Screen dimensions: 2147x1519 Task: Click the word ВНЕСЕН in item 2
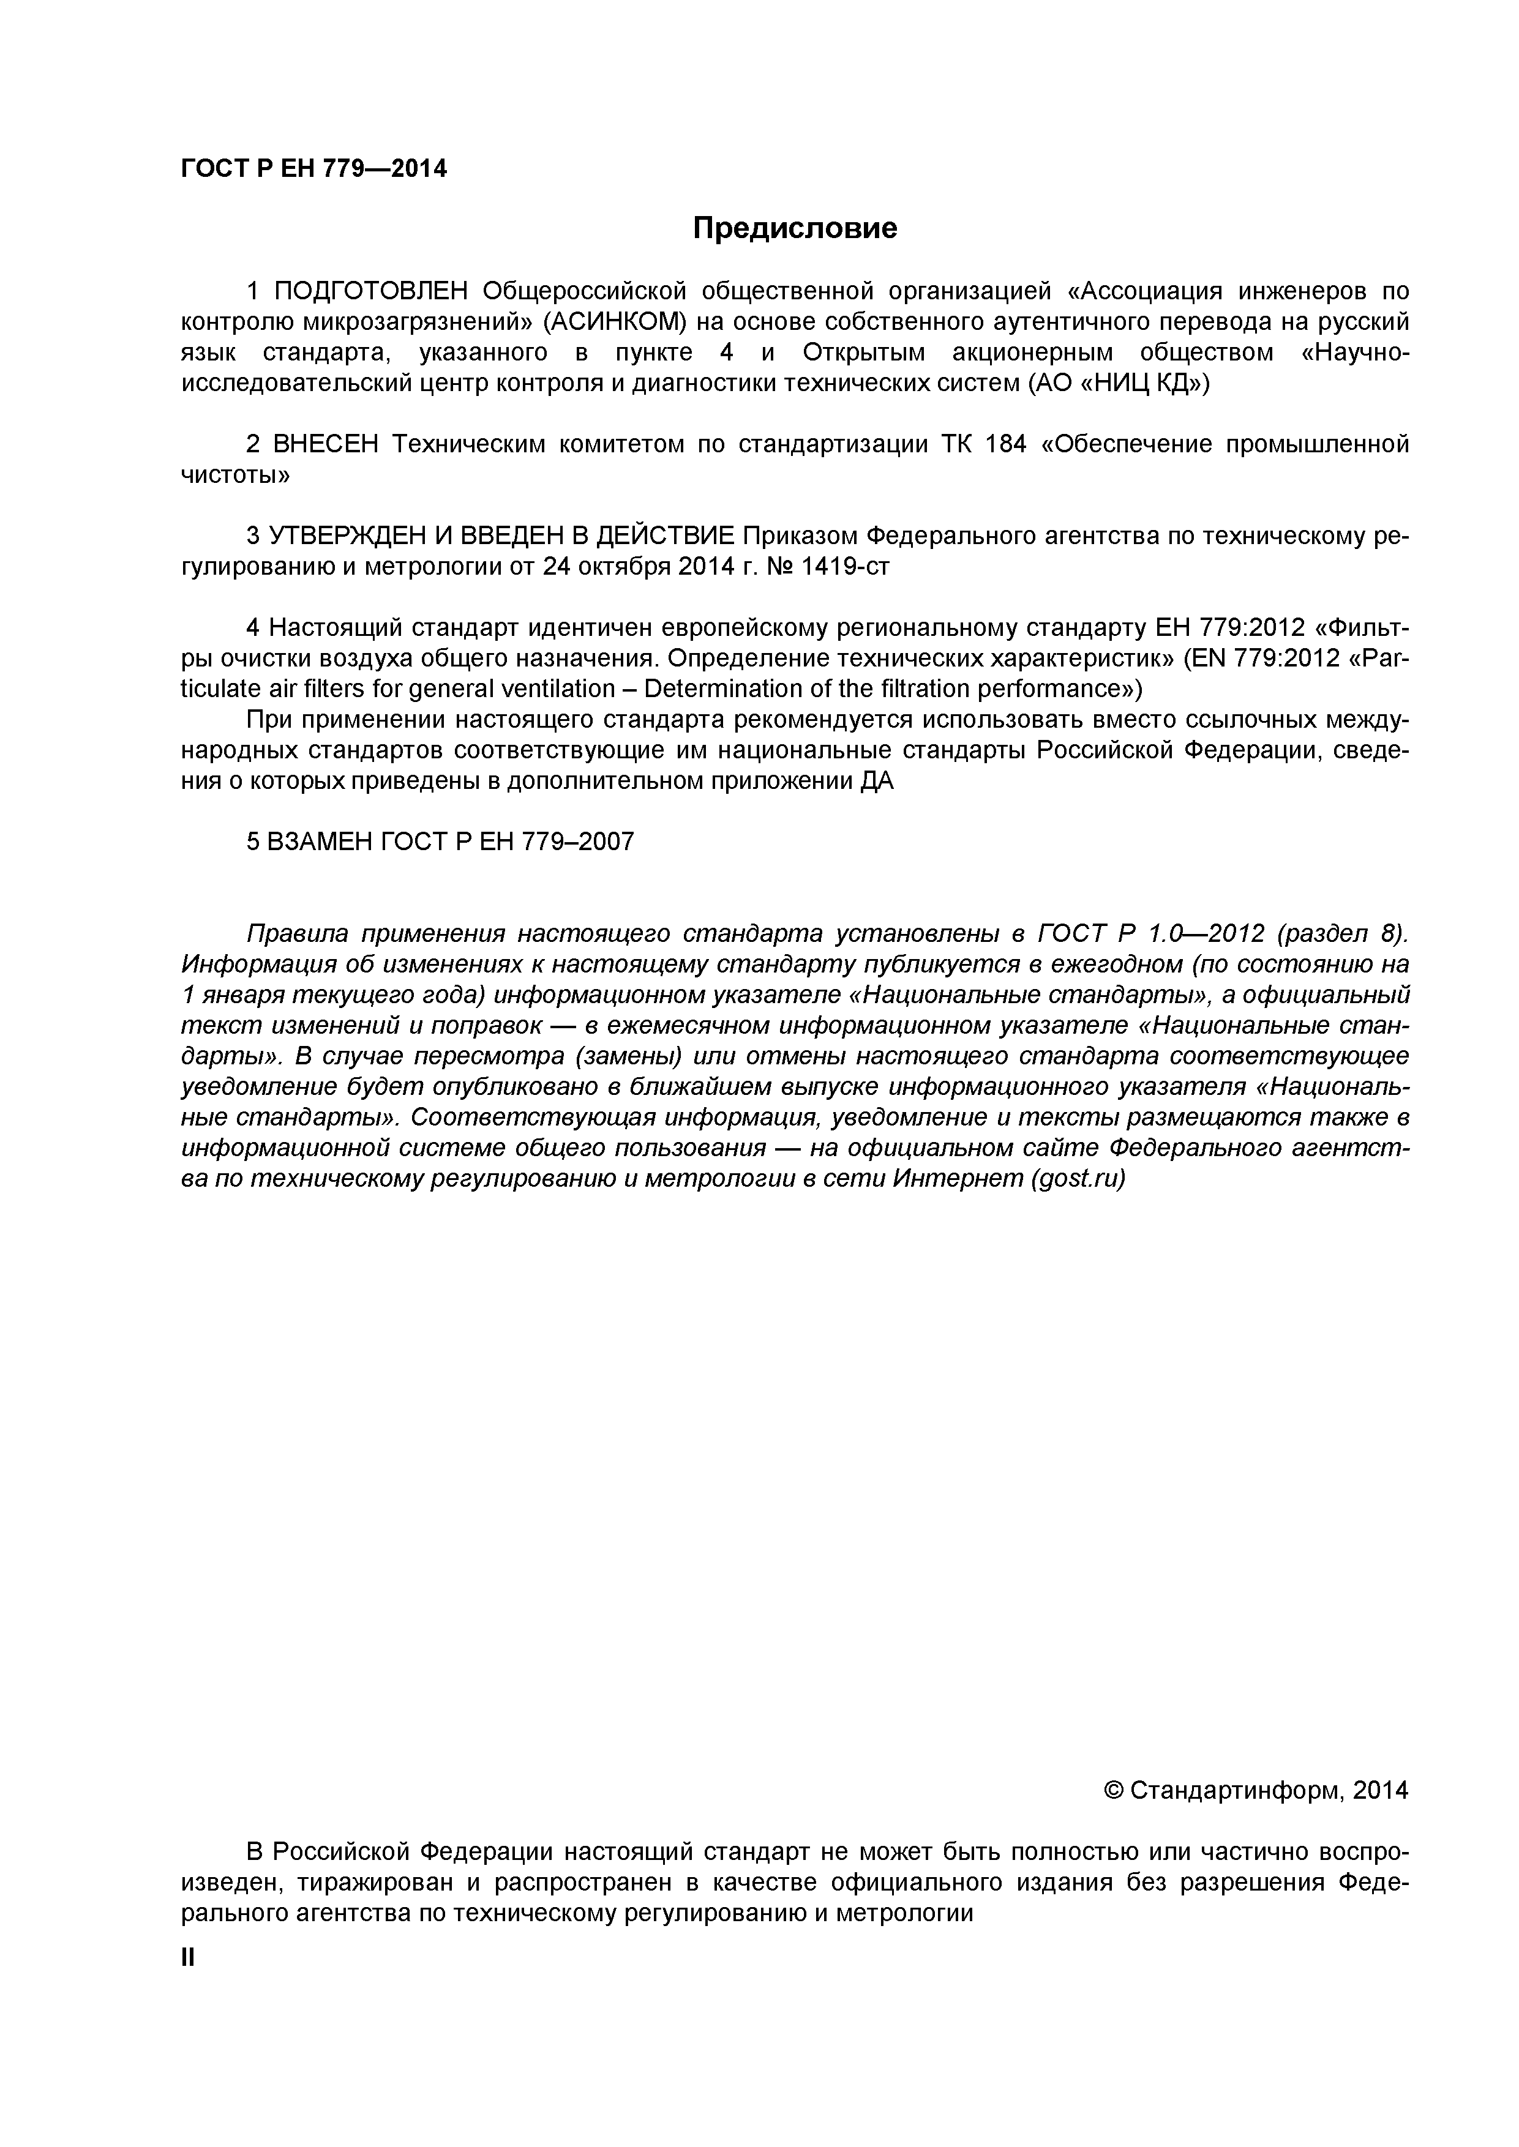324,444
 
